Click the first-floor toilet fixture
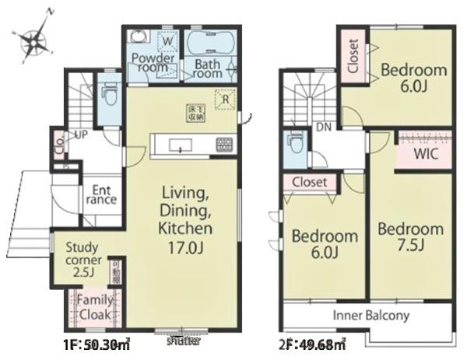pyautogui.click(x=108, y=94)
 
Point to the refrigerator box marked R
pyautogui.click(x=225, y=99)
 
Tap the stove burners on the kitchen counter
pyautogui.click(x=223, y=144)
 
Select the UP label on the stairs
pyautogui.click(x=80, y=135)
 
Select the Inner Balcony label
pyautogui.click(x=370, y=316)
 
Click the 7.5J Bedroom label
pyautogui.click(x=410, y=237)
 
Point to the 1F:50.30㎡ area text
pyautogui.click(x=88, y=342)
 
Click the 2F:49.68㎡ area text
pyautogui.click(x=312, y=342)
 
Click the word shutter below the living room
pyautogui.click(x=183, y=341)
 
